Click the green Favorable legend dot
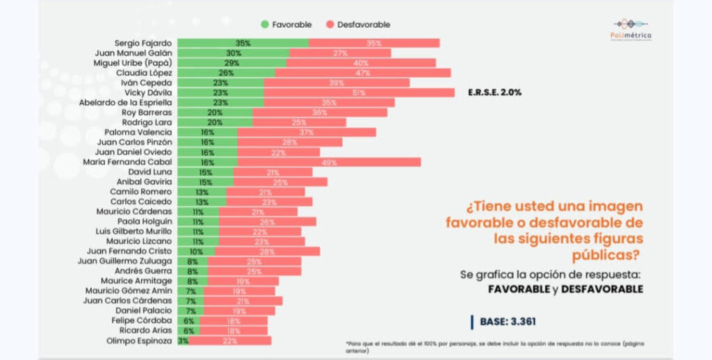click(265, 24)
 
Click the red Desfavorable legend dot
click(327, 24)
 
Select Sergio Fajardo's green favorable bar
click(243, 43)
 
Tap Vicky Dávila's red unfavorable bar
click(359, 92)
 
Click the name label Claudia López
click(144, 72)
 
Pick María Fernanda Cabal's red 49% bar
click(329, 162)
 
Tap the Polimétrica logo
click(628, 30)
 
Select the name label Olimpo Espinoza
click(140, 341)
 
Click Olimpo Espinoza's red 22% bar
click(230, 341)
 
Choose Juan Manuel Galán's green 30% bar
click(233, 53)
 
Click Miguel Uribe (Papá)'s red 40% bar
click(361, 63)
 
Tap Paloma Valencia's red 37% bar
click(307, 132)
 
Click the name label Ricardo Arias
click(147, 331)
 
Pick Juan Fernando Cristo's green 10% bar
click(196, 251)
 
